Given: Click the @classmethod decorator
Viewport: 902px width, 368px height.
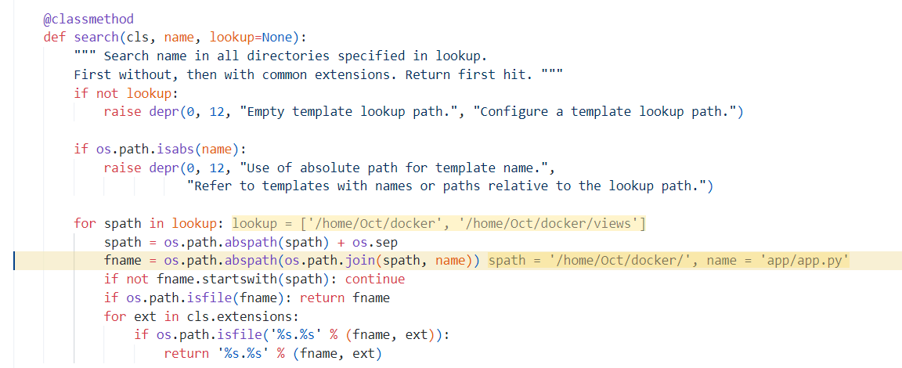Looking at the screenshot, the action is point(88,19).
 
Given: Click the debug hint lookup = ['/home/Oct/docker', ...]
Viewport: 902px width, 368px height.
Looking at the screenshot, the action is point(438,223).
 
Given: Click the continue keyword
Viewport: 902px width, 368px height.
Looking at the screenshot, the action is point(375,280).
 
